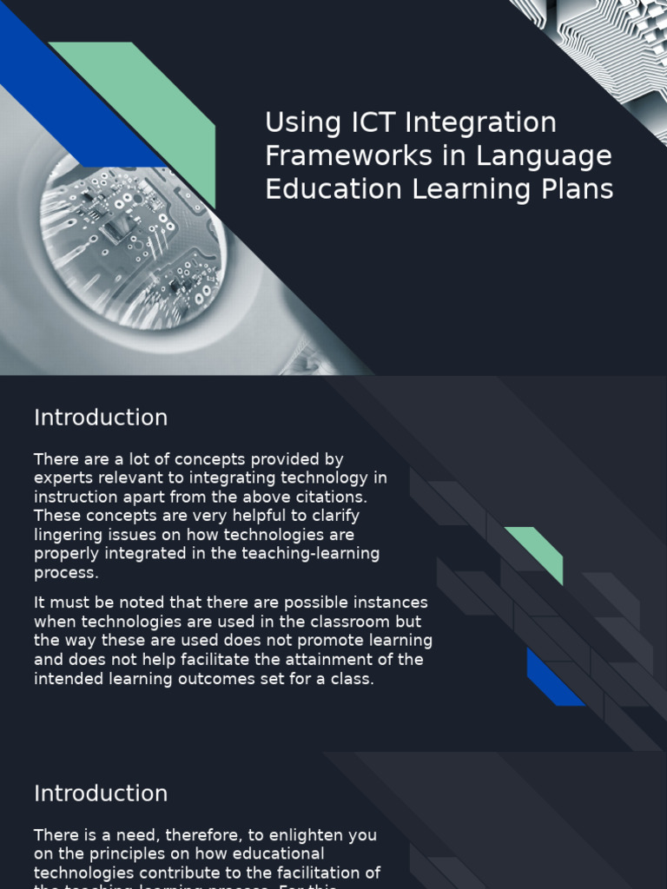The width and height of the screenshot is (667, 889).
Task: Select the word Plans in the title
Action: pos(577,189)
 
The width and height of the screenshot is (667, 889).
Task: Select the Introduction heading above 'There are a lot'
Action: pos(101,418)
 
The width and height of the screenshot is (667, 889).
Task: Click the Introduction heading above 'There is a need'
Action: pos(101,794)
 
